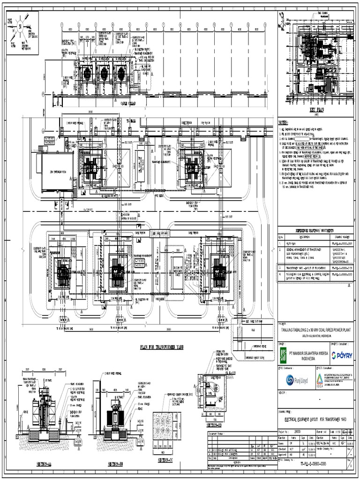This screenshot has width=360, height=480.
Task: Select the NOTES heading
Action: (x=286, y=122)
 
